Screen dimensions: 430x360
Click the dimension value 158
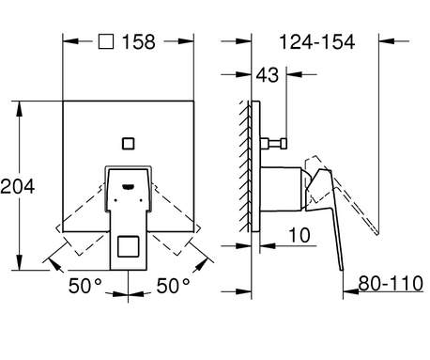[x=138, y=42]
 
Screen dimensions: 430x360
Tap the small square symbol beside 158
[x=106, y=41]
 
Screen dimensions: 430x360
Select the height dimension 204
[x=18, y=186]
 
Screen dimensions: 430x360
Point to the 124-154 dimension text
[x=316, y=42]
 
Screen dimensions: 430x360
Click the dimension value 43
[x=267, y=75]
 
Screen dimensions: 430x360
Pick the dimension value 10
[x=299, y=235]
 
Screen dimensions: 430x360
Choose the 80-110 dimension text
[x=391, y=283]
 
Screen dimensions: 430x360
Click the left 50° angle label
[x=85, y=286]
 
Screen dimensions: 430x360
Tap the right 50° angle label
[x=173, y=286]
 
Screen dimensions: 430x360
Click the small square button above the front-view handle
[x=128, y=144]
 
